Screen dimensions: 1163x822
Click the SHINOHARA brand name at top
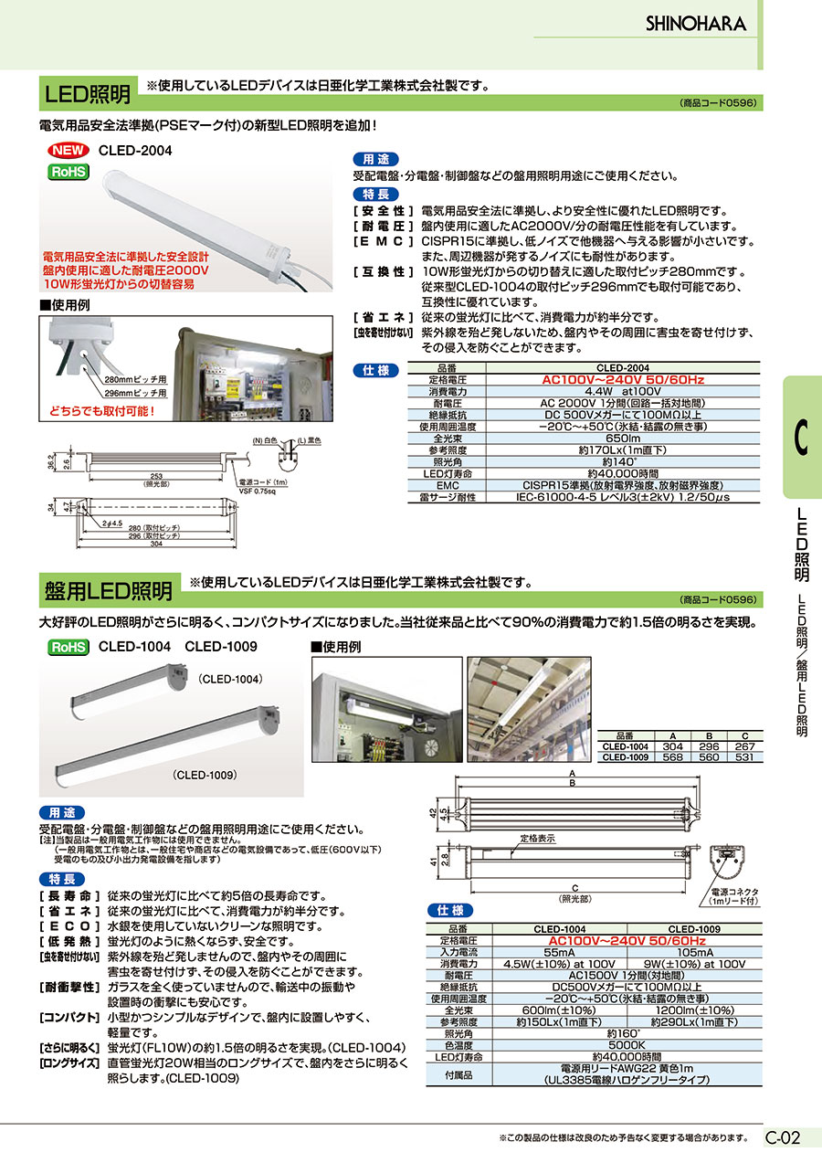[x=696, y=24]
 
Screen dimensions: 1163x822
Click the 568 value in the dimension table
[x=672, y=756]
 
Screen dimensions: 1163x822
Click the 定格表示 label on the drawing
[x=539, y=837]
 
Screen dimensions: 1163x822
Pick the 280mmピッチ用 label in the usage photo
[x=135, y=379]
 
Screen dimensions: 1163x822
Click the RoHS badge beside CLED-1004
[x=68, y=647]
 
